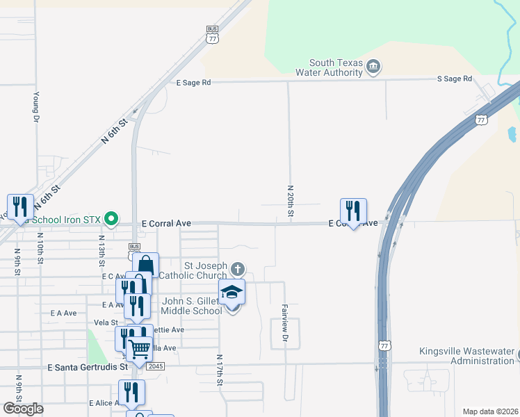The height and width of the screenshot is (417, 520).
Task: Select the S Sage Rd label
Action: [455, 79]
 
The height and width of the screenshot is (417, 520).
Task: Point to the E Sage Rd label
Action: [193, 83]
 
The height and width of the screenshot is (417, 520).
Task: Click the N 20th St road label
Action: [289, 199]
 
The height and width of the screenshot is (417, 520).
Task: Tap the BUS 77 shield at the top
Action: [212, 33]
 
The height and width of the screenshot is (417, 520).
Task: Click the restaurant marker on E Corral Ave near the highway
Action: [353, 211]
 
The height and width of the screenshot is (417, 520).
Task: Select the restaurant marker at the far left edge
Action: [20, 206]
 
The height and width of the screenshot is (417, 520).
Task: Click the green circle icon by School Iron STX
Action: [111, 220]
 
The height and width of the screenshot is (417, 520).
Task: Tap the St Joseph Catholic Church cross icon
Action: [238, 269]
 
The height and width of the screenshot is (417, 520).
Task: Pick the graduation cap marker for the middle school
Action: [232, 293]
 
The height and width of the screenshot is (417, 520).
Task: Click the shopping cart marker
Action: [140, 350]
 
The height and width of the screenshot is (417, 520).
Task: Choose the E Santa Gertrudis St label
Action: [88, 366]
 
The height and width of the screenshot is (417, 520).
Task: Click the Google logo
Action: [23, 409]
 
